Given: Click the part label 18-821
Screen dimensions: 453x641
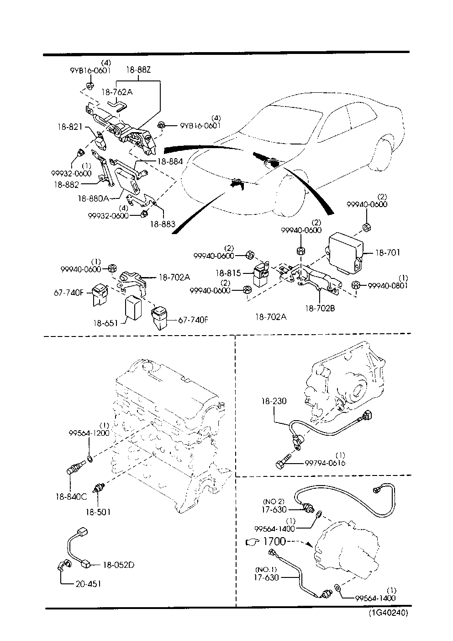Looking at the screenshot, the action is [70, 127].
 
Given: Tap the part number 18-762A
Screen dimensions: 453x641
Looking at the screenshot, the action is [117, 92].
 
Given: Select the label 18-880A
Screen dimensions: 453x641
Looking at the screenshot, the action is [94, 198].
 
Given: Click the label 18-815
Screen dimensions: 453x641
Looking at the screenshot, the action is [228, 273].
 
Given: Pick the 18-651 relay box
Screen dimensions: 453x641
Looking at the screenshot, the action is [133, 309].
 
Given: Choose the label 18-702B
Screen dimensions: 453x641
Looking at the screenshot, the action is [320, 308].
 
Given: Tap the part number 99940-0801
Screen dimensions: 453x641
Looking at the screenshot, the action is [388, 285].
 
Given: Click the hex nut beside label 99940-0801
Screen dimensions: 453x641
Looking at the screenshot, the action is [356, 285].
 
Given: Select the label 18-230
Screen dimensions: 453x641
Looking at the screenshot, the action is [274, 401].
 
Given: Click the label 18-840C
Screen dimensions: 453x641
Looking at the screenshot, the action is [71, 497].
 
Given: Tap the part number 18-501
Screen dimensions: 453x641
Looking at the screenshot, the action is [98, 512].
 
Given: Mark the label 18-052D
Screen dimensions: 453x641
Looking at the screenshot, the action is [119, 565].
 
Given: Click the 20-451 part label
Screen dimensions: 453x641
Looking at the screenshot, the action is [88, 584].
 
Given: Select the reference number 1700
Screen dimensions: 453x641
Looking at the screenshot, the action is [274, 541].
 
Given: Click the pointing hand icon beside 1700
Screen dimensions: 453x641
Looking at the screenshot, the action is [253, 542].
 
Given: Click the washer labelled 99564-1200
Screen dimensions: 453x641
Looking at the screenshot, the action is [90, 459].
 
